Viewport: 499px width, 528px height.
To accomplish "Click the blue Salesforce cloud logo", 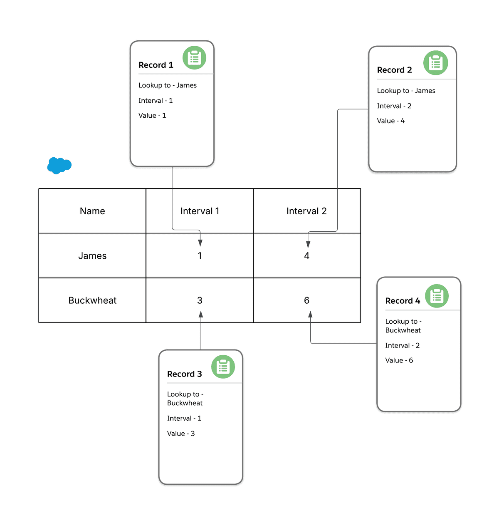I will [59, 166].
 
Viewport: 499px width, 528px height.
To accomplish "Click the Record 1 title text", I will [156, 65].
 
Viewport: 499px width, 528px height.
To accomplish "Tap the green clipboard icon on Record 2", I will [435, 63].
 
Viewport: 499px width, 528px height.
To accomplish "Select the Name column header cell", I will [92, 211].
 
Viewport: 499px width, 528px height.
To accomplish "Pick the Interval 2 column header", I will [306, 211].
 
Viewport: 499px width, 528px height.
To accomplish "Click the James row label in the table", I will [92, 256].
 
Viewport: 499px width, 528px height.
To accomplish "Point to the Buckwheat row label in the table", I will [92, 300].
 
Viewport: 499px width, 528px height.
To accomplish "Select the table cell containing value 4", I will [306, 256].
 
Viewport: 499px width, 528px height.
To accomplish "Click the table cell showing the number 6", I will [306, 300].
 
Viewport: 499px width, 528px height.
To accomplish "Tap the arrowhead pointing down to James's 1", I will [200, 243].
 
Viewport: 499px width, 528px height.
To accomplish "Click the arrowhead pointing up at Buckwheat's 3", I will [201, 315].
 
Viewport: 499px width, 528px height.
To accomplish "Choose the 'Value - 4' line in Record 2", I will [390, 121].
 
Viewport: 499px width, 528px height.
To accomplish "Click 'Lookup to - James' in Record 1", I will [167, 85].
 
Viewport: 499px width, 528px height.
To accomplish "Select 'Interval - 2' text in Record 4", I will [402, 345].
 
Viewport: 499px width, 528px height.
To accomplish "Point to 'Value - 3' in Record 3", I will [180, 434].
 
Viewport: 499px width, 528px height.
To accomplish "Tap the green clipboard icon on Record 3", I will [223, 367].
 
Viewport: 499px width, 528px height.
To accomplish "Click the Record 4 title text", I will [403, 301].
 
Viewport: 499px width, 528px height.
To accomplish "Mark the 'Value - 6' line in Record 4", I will [399, 360].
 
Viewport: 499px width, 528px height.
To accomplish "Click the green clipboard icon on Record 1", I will [194, 58].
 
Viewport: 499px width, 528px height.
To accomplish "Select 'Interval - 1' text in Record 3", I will [184, 418].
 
